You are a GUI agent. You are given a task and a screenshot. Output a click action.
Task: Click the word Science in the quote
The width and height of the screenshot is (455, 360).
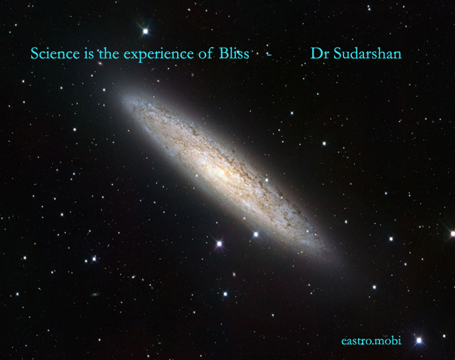(55, 53)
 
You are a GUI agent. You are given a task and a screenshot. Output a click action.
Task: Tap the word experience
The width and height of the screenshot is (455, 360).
(159, 55)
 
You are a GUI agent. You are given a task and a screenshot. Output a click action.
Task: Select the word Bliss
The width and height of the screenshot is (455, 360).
(234, 53)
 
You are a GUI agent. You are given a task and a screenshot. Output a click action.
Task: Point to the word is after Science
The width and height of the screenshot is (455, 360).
(89, 53)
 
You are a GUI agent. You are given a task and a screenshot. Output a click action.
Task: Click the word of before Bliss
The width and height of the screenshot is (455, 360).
(205, 53)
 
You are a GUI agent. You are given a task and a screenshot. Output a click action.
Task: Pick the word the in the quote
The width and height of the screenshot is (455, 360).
(109, 53)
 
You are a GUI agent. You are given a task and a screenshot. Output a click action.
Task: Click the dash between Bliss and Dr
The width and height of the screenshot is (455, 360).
(269, 54)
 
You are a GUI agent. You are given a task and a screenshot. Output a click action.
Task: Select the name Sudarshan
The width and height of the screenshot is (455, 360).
(368, 53)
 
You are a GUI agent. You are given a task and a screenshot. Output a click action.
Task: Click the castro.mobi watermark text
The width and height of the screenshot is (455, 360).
(371, 341)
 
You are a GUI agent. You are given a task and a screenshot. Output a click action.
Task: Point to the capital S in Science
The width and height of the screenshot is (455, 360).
(35, 53)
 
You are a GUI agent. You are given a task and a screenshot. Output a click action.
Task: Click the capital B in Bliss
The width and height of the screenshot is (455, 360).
(223, 53)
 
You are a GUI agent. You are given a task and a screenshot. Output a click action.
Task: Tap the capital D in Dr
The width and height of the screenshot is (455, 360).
(316, 53)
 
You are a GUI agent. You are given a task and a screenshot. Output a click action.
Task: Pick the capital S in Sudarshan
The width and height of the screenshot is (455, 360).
(337, 53)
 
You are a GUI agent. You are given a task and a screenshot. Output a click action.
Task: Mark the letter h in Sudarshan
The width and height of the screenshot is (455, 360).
(381, 53)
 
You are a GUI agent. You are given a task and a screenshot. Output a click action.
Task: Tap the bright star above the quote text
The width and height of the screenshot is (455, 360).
(145, 31)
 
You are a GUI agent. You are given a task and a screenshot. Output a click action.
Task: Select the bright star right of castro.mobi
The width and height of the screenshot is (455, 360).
(419, 340)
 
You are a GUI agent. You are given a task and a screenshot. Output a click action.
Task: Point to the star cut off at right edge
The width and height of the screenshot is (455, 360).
(452, 233)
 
